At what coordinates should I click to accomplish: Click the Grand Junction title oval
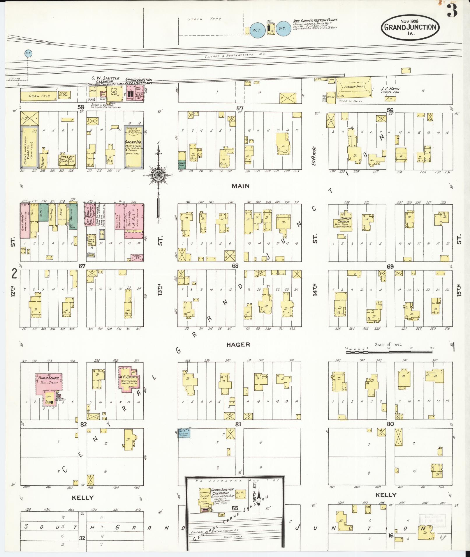click(410, 27)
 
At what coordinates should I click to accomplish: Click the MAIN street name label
click(240, 186)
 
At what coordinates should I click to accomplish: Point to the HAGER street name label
click(238, 344)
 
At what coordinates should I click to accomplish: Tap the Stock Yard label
click(204, 19)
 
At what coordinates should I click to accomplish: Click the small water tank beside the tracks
click(28, 53)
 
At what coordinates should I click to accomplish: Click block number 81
click(238, 424)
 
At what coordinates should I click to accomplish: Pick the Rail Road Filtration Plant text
click(315, 20)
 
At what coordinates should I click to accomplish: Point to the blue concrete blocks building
click(184, 434)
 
